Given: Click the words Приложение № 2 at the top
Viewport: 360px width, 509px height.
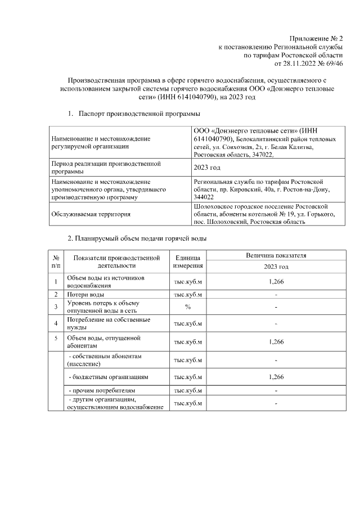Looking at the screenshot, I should pyautogui.click(x=316, y=38).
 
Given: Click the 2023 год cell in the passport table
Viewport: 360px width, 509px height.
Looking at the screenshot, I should pyautogui.click(x=206, y=168).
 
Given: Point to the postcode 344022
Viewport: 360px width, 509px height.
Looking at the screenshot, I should pyautogui.click(x=203, y=197).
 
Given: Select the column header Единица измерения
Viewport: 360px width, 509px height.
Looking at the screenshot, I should pyautogui.click(x=188, y=261).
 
